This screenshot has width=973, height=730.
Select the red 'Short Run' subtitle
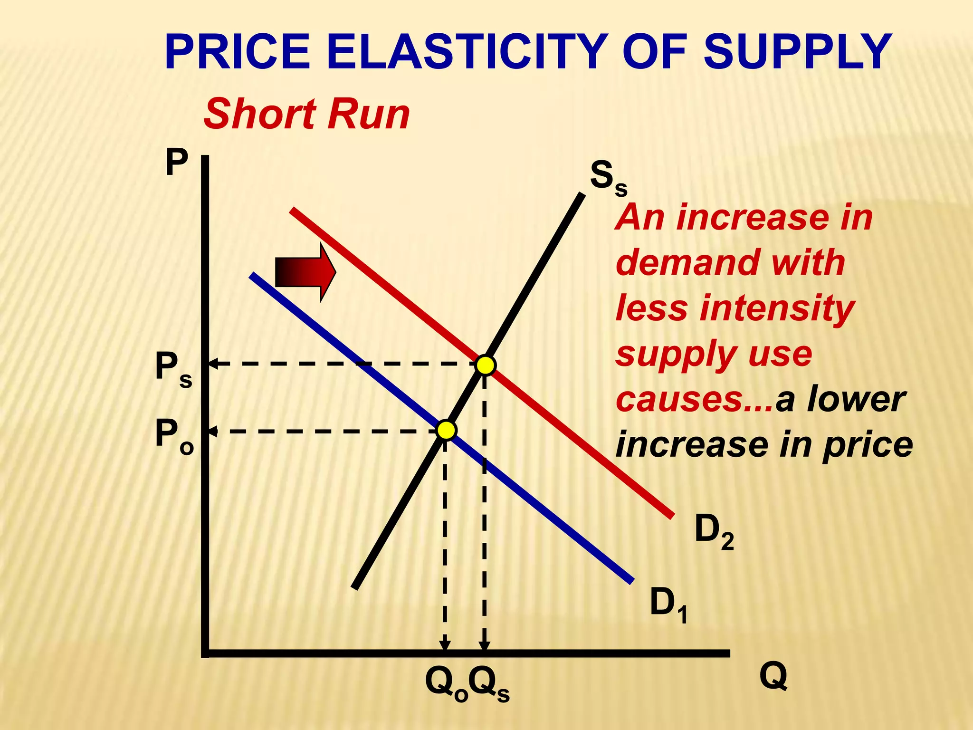tap(306, 114)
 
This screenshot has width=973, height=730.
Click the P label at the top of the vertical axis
tap(177, 163)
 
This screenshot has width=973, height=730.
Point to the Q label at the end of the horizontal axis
tap(773, 676)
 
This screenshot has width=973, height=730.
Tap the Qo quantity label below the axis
tap(446, 684)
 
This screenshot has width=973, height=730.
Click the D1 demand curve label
tap(668, 604)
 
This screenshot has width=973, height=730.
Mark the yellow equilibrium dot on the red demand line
tap(486, 365)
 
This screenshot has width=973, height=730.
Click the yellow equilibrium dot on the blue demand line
tap(446, 430)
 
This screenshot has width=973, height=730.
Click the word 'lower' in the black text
tap(856, 400)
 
